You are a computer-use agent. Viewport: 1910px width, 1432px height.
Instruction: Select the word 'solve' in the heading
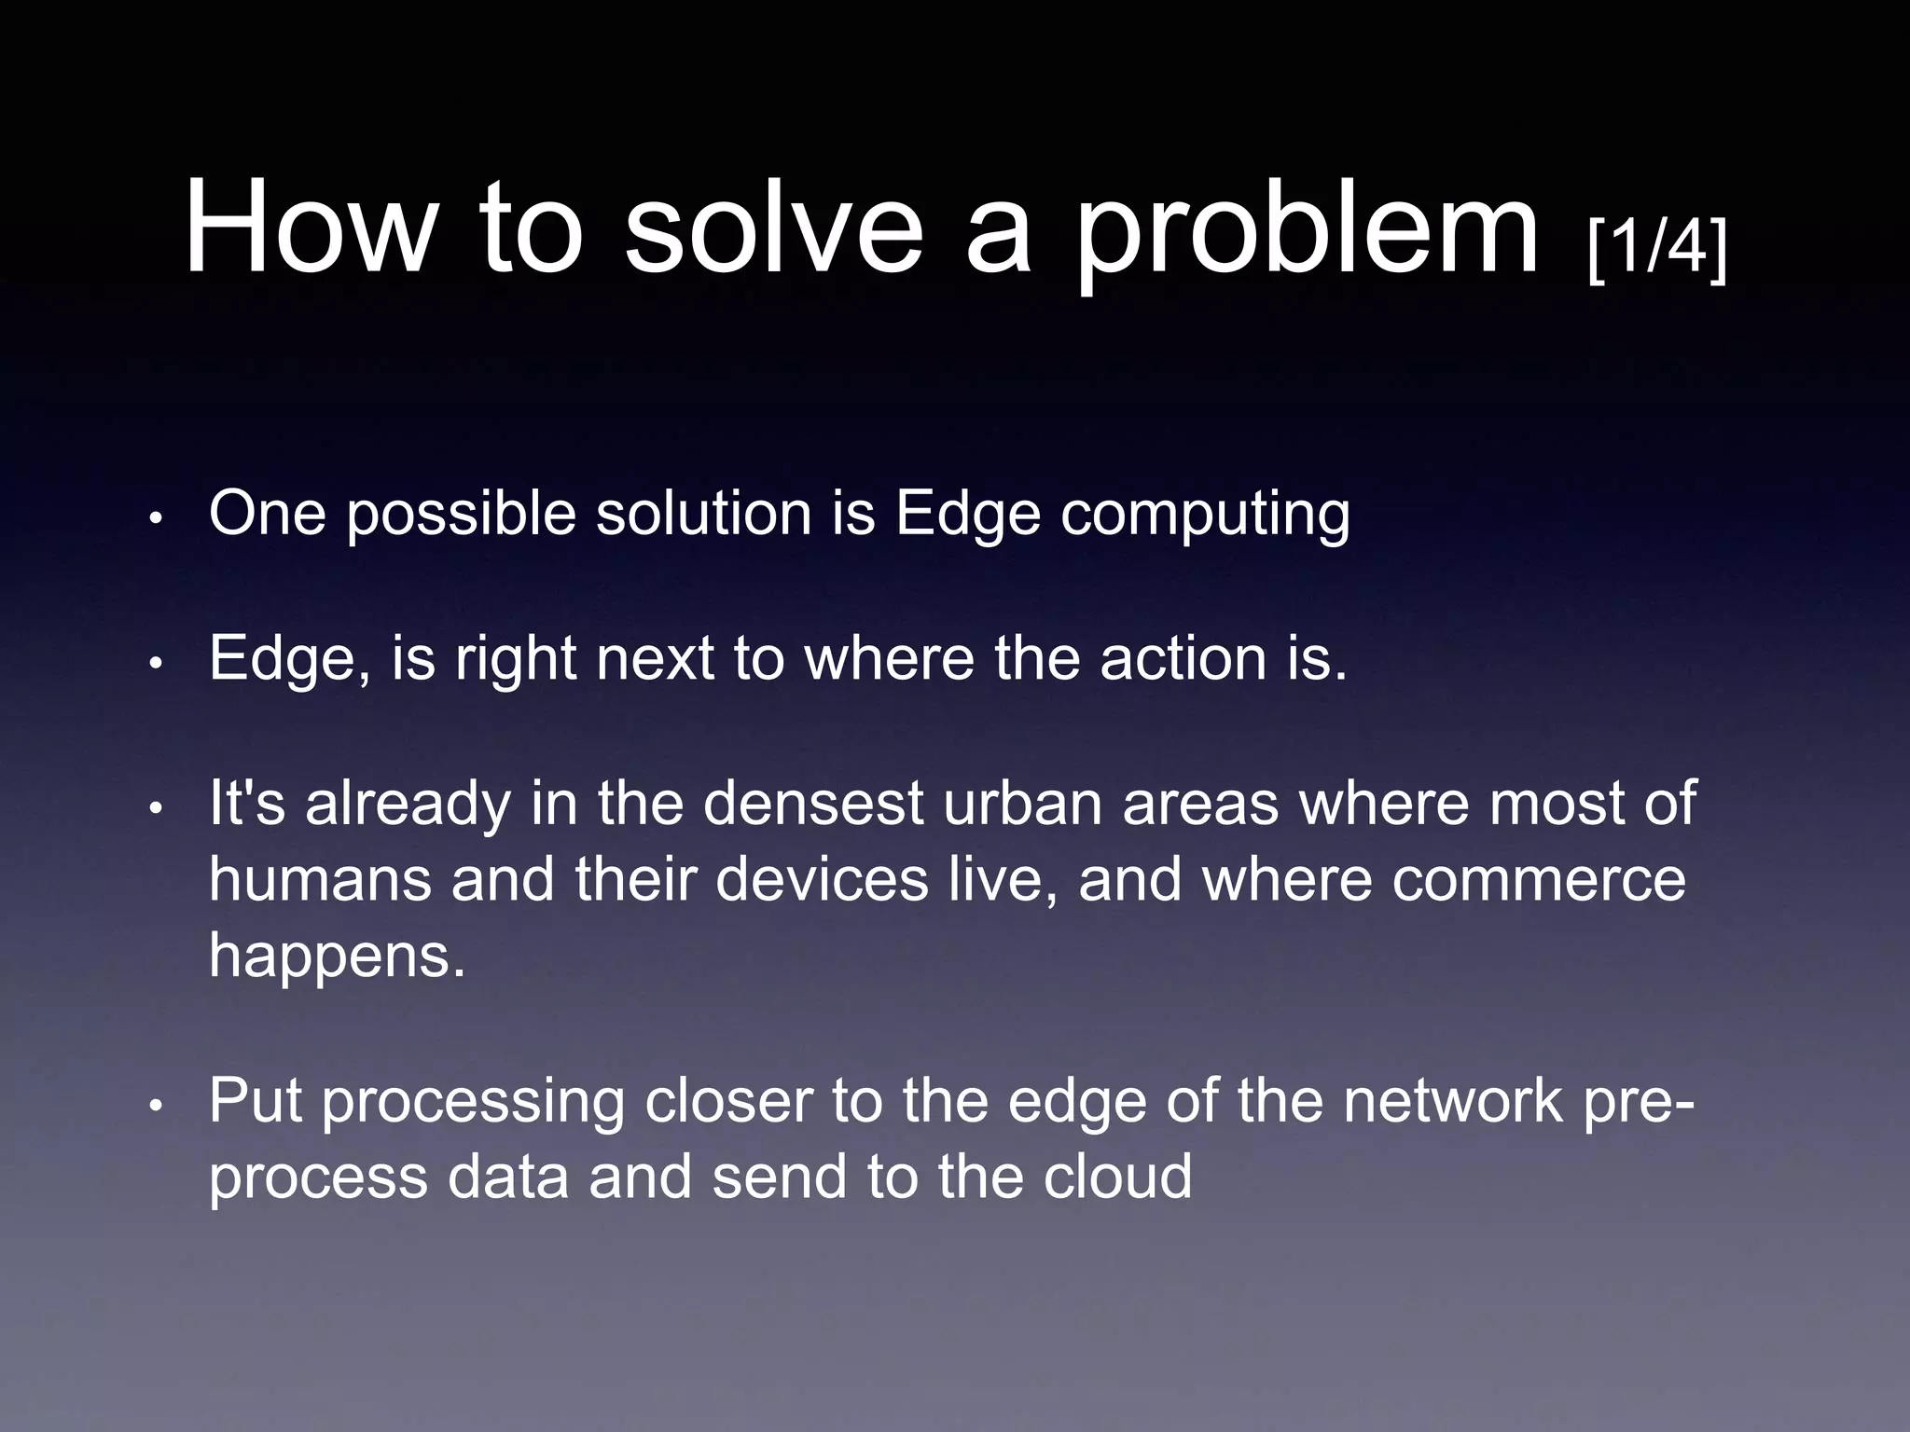coord(773,228)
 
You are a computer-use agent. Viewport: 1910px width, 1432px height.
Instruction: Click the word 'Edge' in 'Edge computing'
coord(967,515)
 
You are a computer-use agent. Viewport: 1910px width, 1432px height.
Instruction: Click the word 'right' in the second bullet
coord(515,660)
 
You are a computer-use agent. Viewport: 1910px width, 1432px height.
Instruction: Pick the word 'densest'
coord(812,804)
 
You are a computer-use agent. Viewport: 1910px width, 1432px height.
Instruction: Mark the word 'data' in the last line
coord(507,1177)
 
